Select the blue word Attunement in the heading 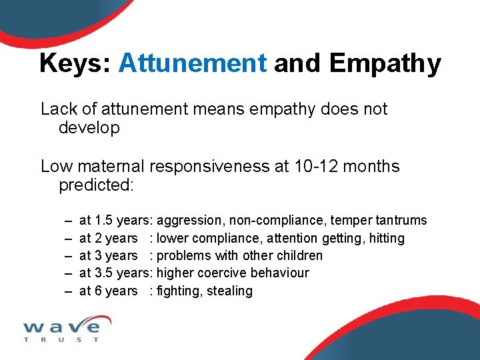(192, 63)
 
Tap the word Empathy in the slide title (385, 64)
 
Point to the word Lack (59, 109)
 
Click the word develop (89, 128)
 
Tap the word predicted (96, 185)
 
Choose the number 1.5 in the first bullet (103, 221)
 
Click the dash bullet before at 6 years (68, 291)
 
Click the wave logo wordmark (61, 326)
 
